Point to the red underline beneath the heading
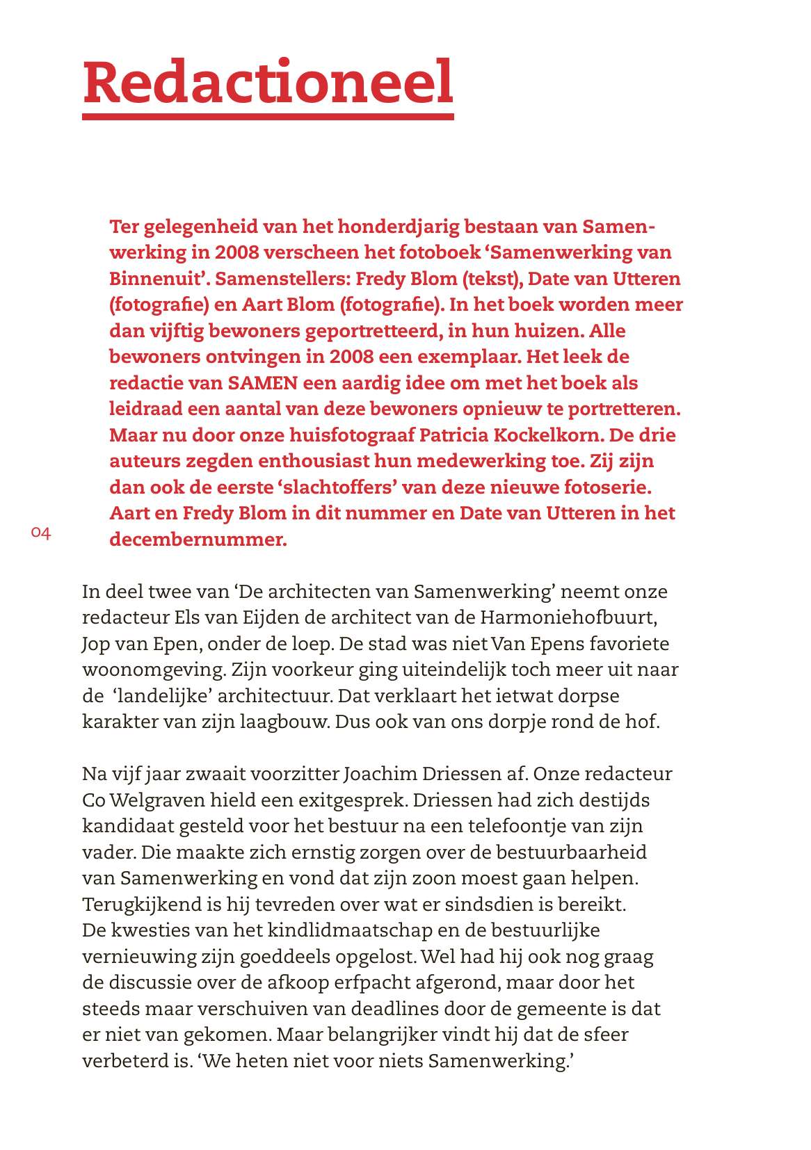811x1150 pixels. [x=268, y=116]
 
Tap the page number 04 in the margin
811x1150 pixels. [x=41, y=533]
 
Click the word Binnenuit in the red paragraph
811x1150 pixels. [x=159, y=279]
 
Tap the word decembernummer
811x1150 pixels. [x=198, y=540]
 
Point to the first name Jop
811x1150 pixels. [x=95, y=644]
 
